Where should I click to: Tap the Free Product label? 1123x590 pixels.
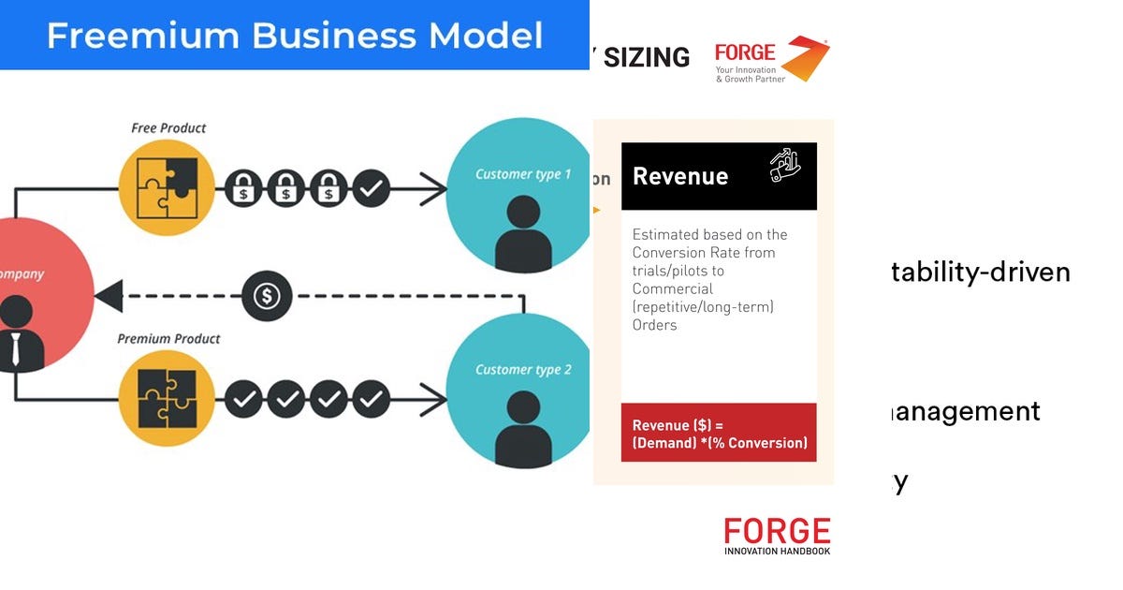coord(168,128)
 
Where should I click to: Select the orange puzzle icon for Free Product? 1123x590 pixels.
coord(167,187)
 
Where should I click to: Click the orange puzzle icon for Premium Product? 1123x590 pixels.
coord(167,400)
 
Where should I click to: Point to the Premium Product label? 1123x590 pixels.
coord(168,339)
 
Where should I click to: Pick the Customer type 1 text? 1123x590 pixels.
coord(522,174)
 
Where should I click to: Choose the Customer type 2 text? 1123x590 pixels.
coord(522,370)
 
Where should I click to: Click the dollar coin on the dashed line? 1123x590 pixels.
coord(268,297)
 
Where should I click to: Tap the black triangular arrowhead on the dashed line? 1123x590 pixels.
coord(109,297)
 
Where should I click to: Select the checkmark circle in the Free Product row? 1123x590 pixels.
coord(372,187)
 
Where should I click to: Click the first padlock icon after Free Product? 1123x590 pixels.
coord(243,187)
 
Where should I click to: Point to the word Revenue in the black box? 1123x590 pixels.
coord(680,176)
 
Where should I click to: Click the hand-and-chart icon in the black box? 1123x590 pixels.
coord(785,165)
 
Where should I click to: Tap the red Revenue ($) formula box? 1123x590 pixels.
coord(719,433)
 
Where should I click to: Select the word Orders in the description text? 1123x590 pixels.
coord(654,325)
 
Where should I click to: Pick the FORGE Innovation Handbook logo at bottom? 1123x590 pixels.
coord(777,536)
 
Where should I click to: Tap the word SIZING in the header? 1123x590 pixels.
coord(647,58)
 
